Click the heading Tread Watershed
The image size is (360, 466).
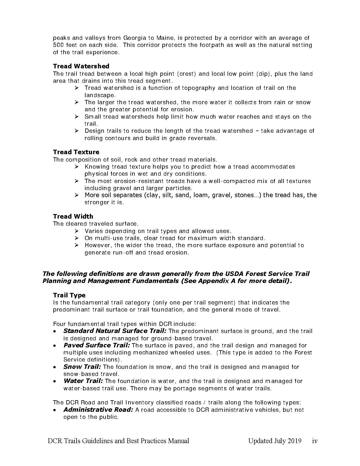(81, 66)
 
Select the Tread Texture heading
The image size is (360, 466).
(76, 152)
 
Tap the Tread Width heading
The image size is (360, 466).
(73, 216)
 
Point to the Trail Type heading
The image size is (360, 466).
(69, 295)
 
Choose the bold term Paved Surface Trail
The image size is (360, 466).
(97, 345)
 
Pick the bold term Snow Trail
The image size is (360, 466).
(82, 367)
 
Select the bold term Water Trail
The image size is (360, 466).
(83, 381)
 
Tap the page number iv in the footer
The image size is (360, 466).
(315, 441)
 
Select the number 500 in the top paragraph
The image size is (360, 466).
(58, 45)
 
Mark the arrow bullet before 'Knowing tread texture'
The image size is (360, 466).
(77, 167)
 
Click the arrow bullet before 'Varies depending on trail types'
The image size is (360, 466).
(77, 231)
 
